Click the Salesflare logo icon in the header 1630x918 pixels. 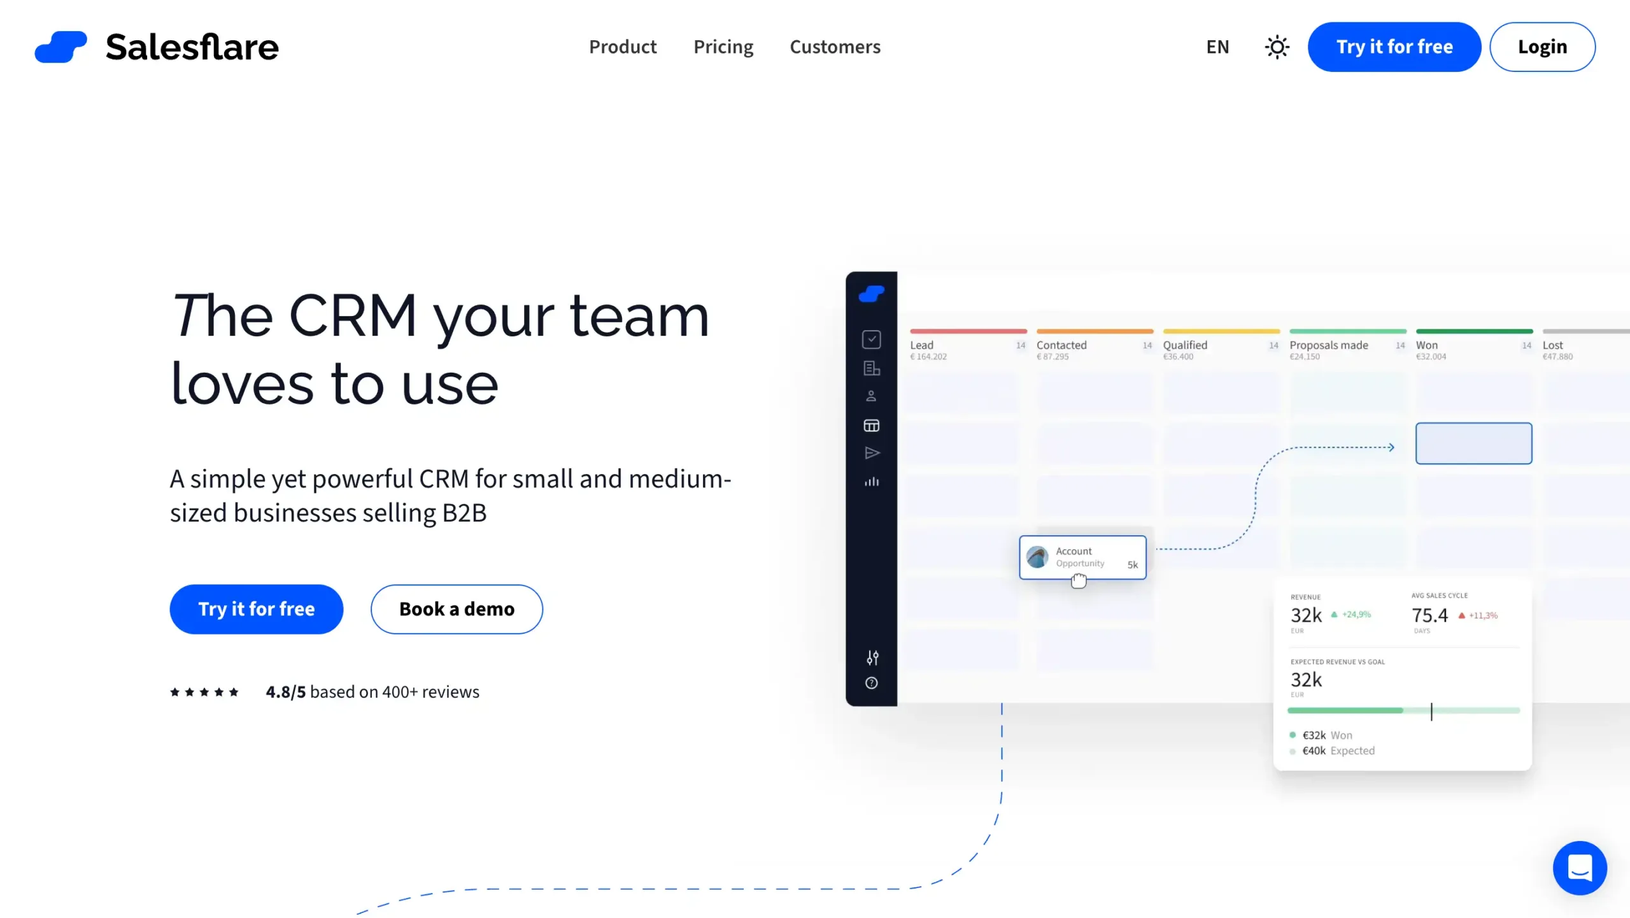click(60, 47)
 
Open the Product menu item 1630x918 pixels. click(622, 47)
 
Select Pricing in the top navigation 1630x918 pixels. click(723, 47)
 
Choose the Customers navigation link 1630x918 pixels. click(835, 47)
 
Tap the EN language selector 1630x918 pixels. click(1217, 47)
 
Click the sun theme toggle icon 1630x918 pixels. click(1277, 47)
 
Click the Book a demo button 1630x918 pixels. click(457, 609)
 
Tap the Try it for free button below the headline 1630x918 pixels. click(256, 609)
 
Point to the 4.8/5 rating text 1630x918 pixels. click(286, 692)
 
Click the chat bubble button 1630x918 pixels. click(1579, 868)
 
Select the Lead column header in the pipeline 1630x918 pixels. click(921, 345)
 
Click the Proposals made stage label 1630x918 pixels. click(1328, 345)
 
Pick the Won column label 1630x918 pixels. click(1426, 345)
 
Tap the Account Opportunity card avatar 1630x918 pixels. click(1037, 557)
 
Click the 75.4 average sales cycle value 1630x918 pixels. click(1429, 615)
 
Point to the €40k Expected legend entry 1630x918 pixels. click(1337, 751)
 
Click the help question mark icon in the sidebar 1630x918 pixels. click(872, 684)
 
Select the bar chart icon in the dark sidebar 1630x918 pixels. click(872, 482)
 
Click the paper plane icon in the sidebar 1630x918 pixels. click(872, 453)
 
